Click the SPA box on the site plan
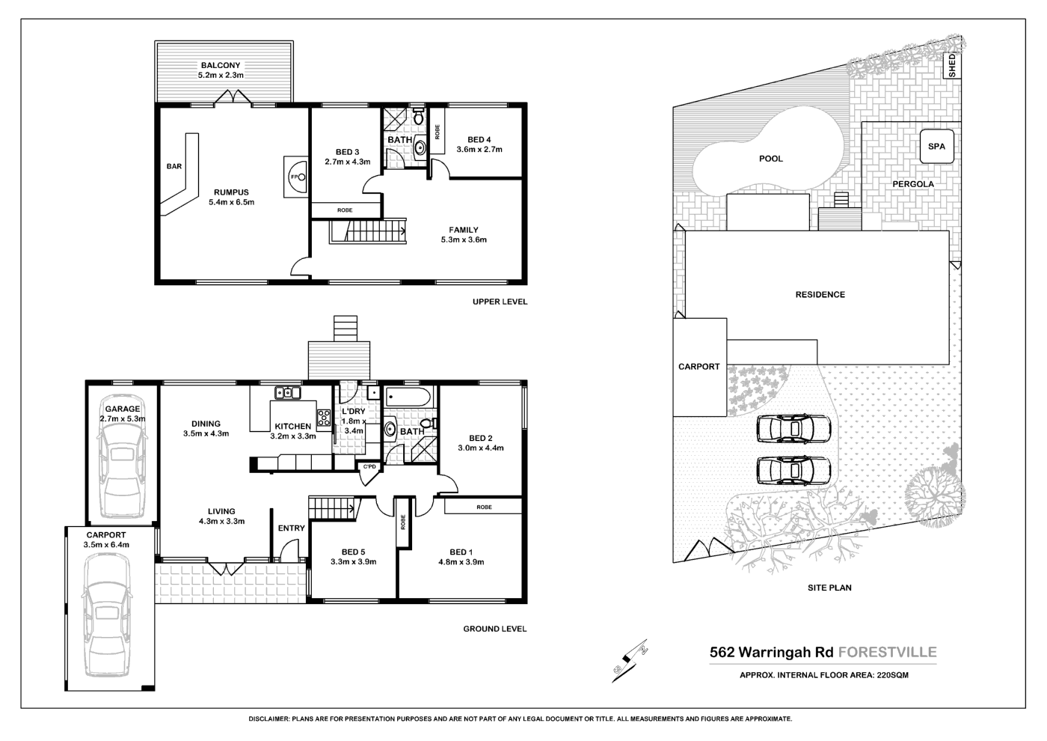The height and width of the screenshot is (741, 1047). pyautogui.click(x=936, y=147)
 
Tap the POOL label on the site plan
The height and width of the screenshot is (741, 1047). pyautogui.click(x=770, y=159)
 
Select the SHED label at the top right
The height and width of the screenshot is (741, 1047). pyautogui.click(x=952, y=65)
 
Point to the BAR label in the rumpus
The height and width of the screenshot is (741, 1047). pyautogui.click(x=174, y=167)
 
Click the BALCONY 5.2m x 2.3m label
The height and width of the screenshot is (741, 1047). pyautogui.click(x=221, y=70)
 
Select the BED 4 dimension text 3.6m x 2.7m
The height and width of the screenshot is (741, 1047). pyautogui.click(x=479, y=150)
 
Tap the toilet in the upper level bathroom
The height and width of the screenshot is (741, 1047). pyautogui.click(x=418, y=118)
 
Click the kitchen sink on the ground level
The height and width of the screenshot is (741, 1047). pyautogui.click(x=287, y=392)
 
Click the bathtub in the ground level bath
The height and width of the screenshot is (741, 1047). pyautogui.click(x=408, y=397)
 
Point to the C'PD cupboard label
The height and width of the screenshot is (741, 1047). pyautogui.click(x=369, y=468)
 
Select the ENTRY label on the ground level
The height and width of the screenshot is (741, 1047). pyautogui.click(x=291, y=528)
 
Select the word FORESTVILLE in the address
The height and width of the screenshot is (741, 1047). pyautogui.click(x=888, y=652)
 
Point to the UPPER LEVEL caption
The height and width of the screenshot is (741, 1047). pyautogui.click(x=500, y=302)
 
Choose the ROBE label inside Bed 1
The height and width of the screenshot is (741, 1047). pyautogui.click(x=484, y=507)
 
